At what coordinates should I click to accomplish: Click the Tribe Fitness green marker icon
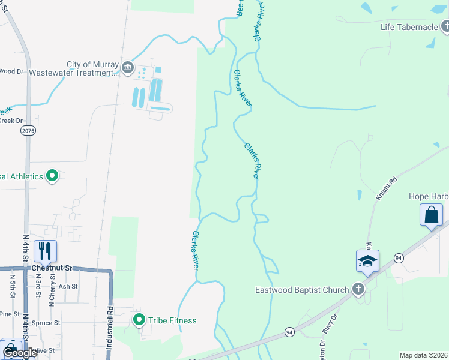coord(139,320)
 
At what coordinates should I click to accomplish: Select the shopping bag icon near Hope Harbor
coord(432,214)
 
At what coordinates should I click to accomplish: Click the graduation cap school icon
coord(367,260)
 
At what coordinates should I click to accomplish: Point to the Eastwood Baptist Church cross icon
coord(358,290)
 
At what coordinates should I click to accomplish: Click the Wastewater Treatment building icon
coord(127,68)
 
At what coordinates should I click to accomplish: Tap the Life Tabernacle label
coord(409,27)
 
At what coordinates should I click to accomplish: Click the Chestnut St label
coord(52,268)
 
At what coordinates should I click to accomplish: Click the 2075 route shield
coord(28,130)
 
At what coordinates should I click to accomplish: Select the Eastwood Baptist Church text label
coord(310,290)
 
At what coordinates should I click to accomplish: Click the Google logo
coord(20,352)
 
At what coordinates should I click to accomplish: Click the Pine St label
coord(10,314)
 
